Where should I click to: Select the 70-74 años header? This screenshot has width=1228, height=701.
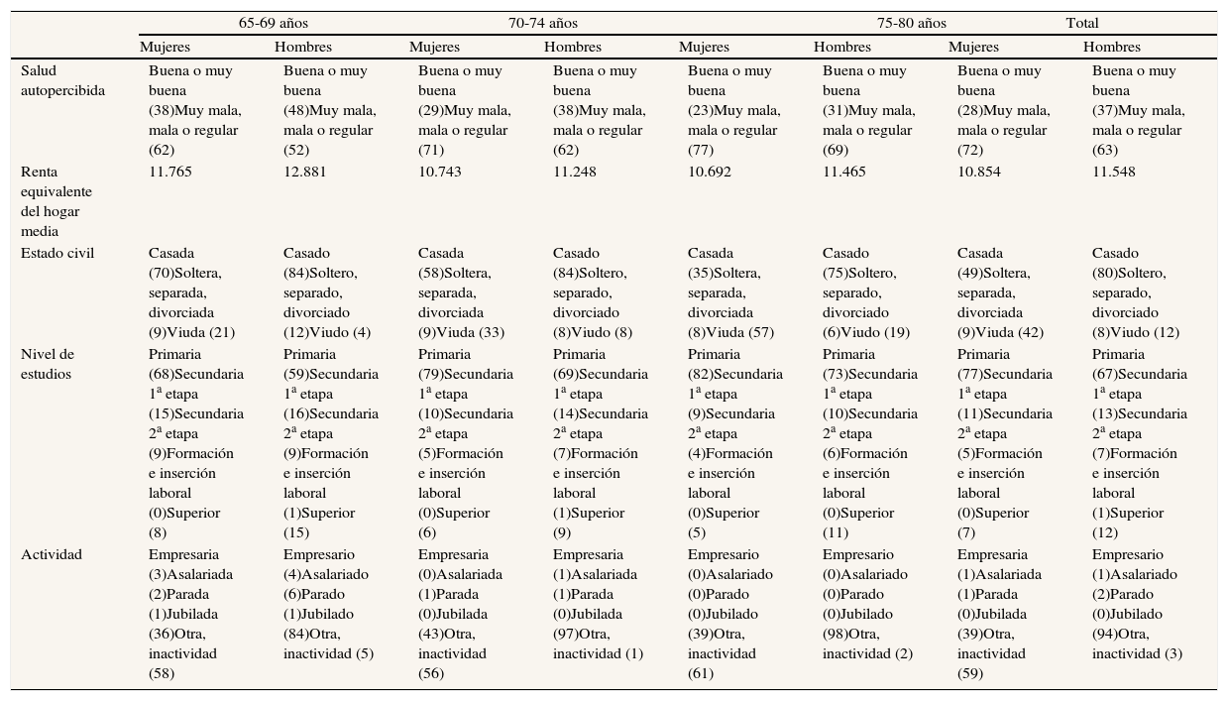(542, 23)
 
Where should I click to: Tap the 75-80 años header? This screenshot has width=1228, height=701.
(911, 23)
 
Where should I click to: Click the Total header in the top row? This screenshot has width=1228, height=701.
(1081, 23)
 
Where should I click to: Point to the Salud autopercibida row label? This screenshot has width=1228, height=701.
(63, 80)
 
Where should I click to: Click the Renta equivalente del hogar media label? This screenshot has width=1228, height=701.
(56, 201)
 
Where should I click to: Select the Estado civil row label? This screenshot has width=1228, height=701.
(56, 253)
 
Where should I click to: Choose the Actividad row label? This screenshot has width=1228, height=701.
(51, 554)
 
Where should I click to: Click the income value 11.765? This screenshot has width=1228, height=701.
(170, 172)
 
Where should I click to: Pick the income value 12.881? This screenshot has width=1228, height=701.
(305, 172)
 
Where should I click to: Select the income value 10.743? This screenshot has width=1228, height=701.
(440, 172)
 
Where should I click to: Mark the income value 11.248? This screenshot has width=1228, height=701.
(575, 172)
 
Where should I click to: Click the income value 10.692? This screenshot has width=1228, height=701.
(710, 172)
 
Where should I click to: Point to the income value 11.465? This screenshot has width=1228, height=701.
(844, 172)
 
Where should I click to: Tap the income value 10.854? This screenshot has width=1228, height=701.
(979, 172)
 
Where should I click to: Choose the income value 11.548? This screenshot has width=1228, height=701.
(1114, 172)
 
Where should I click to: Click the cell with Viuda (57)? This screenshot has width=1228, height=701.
(734, 292)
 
